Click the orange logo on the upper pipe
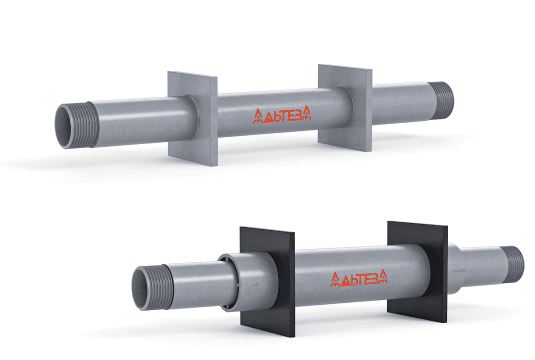tap(282, 114)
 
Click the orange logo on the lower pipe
tap(359, 278)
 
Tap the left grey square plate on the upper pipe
tap(193, 118)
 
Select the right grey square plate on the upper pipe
tap(345, 107)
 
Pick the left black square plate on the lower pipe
tap(267, 281)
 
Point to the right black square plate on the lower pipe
tap(417, 272)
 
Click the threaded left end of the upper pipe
tap(76, 126)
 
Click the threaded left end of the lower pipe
tap(152, 287)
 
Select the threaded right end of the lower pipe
tap(512, 264)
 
